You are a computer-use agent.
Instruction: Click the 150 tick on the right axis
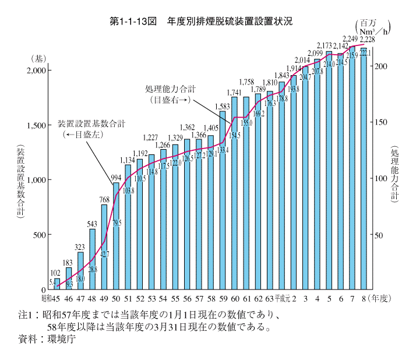tap(380, 122)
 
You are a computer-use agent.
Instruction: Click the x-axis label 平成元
tap(283, 299)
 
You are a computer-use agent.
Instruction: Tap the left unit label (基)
tap(37, 58)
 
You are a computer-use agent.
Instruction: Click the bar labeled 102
tap(57, 284)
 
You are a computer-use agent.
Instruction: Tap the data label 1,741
tap(235, 92)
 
